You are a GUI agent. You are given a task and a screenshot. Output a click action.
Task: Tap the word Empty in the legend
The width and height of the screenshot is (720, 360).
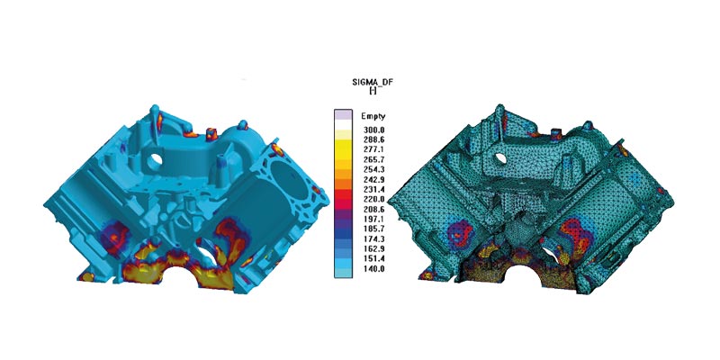[373, 116]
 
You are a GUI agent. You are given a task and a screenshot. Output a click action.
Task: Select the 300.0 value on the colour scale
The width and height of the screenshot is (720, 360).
[373, 130]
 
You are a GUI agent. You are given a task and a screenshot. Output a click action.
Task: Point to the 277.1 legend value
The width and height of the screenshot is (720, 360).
[373, 149]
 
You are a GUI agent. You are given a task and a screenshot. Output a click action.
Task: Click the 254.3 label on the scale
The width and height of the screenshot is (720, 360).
[373, 169]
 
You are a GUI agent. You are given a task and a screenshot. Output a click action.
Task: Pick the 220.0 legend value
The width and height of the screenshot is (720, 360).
[373, 199]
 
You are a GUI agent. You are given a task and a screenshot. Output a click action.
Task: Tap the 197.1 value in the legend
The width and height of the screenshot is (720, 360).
[373, 219]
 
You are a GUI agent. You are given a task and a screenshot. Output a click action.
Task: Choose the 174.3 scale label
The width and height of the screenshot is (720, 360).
[373, 238]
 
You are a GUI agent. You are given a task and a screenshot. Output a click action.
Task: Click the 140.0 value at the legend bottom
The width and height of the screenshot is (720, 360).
[373, 268]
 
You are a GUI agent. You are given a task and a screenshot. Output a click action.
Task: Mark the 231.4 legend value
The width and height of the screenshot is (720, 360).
[373, 190]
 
